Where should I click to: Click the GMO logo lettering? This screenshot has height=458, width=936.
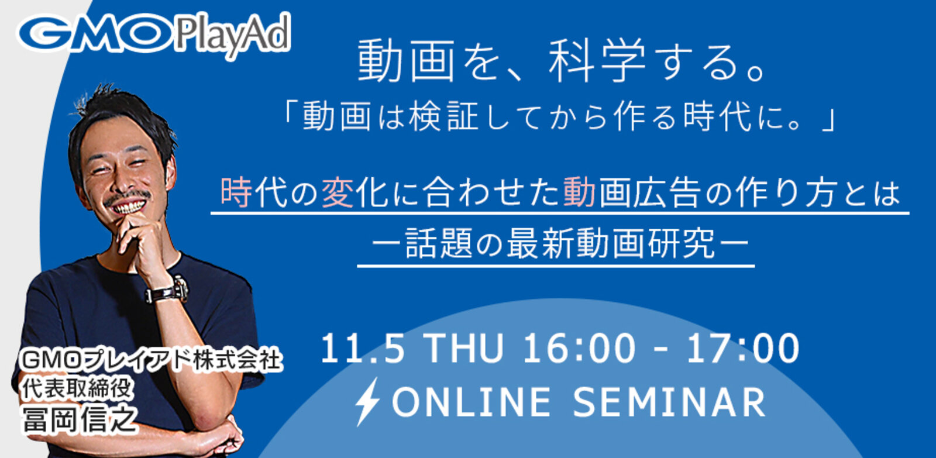coord(95,33)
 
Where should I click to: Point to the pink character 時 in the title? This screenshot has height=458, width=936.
coord(236,192)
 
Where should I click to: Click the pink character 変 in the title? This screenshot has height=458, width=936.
coord(338,192)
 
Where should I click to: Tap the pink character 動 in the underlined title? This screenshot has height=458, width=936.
coord(579,192)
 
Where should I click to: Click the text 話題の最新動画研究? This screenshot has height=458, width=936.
coord(560,243)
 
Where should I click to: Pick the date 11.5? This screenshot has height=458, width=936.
coord(362,349)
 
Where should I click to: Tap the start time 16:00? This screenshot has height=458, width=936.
coord(579,349)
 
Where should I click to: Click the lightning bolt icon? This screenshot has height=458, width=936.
coord(367,401)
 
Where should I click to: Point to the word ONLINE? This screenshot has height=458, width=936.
coord(472,402)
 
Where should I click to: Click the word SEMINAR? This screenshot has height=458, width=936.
coord(669,402)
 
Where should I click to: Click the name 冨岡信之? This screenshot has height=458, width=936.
coord(80,419)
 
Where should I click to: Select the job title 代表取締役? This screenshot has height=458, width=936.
coord(78,388)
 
